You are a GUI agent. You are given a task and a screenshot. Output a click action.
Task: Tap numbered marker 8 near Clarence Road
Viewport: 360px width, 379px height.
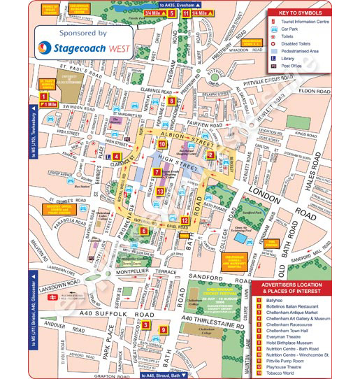click(171, 101)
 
